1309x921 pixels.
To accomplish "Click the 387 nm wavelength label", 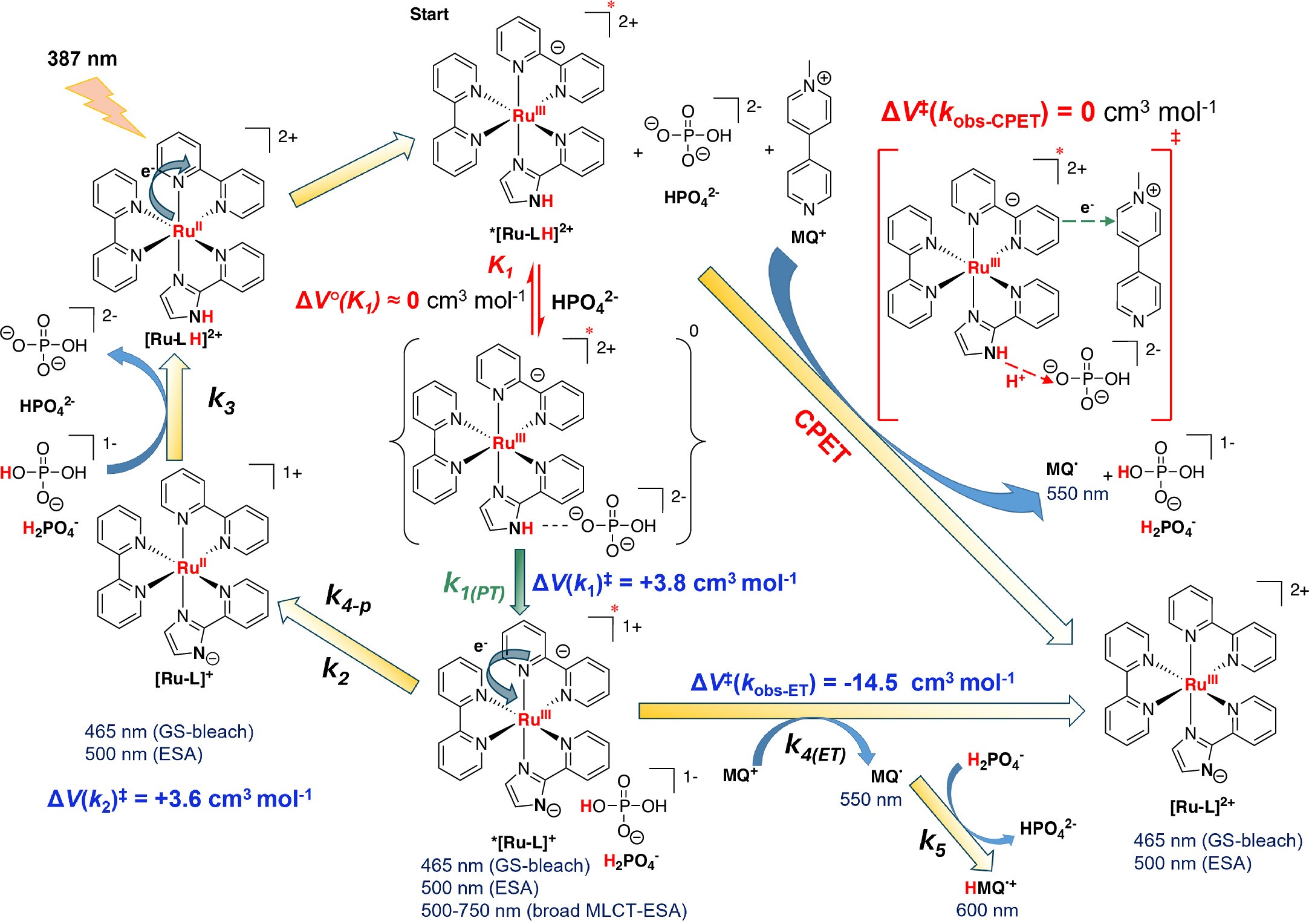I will click(82, 59).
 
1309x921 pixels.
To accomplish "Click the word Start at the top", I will click(429, 15).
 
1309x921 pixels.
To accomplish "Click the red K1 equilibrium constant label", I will click(501, 266).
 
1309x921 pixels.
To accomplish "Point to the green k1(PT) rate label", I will click(474, 586).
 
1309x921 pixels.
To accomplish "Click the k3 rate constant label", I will click(221, 400).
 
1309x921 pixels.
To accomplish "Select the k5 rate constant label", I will click(932, 842).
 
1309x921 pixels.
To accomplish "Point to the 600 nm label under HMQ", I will click(987, 910).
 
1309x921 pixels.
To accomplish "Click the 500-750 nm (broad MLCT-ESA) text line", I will click(554, 911).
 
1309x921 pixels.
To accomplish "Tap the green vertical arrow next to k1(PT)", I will click(519, 581).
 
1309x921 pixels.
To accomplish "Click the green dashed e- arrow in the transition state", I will click(1088, 221).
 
